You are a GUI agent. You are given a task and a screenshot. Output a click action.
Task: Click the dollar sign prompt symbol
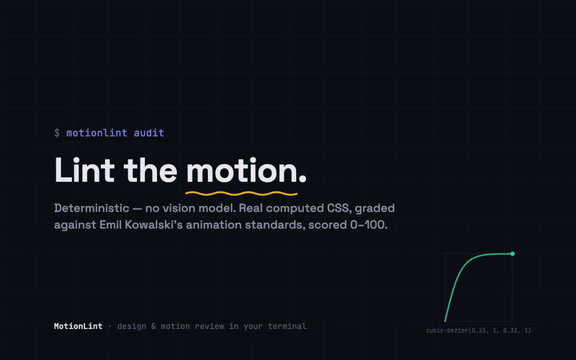pyautogui.click(x=57, y=132)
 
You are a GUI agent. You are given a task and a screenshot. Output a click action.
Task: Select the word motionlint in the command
pyautogui.click(x=96, y=132)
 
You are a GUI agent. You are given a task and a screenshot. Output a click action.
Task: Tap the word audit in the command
pyautogui.click(x=149, y=132)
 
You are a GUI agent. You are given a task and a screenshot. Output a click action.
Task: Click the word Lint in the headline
pyautogui.click(x=84, y=170)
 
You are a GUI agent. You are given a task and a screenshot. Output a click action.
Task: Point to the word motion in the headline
pyautogui.click(x=241, y=171)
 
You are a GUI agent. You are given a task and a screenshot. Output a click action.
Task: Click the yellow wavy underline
pyautogui.click(x=241, y=193)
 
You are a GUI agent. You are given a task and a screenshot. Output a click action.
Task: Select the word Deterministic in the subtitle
pyautogui.click(x=91, y=208)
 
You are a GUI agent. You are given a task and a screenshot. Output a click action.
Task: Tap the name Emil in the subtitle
pyautogui.click(x=111, y=225)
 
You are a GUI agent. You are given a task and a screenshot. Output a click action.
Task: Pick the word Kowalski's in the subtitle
pyautogui.click(x=153, y=225)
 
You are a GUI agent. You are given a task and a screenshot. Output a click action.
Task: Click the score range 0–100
pyautogui.click(x=369, y=225)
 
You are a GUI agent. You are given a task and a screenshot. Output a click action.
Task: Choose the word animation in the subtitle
pyautogui.click(x=214, y=225)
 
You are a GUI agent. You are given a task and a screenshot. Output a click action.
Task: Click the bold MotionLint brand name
pyautogui.click(x=78, y=326)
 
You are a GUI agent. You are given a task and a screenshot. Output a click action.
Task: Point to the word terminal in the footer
pyautogui.click(x=287, y=326)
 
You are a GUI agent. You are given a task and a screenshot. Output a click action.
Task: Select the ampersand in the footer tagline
pyautogui.click(x=153, y=326)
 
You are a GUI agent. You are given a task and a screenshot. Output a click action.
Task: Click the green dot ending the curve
pyautogui.click(x=513, y=254)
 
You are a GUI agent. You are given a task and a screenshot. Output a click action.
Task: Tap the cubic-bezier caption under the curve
pyautogui.click(x=479, y=330)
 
